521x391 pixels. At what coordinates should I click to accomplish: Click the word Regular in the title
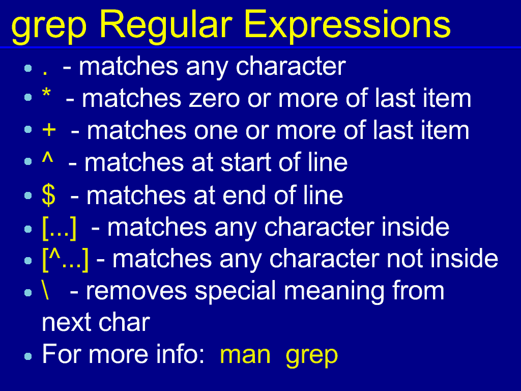[165, 25]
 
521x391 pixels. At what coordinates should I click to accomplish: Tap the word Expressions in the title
[347, 25]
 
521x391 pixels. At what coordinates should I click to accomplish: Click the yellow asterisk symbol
[46, 93]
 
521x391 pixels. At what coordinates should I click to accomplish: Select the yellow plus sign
[49, 130]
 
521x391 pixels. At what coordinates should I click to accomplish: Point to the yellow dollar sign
[48, 195]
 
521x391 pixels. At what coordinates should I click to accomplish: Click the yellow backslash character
[45, 290]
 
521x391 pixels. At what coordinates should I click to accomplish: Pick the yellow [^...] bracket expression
[66, 259]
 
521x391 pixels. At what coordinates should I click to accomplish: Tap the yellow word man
[245, 355]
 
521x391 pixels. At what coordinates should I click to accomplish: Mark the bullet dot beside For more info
[28, 356]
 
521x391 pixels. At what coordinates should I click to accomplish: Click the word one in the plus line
[216, 131]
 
